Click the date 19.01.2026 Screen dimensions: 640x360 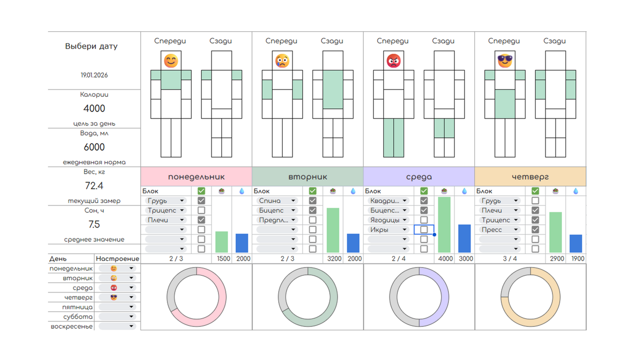click(x=94, y=75)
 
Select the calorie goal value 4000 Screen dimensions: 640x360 click(x=94, y=109)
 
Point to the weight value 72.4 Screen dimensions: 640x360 click(x=94, y=186)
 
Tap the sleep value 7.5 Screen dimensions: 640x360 click(x=94, y=224)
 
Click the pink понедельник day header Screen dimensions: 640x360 click(x=196, y=177)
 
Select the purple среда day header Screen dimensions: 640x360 click(x=419, y=177)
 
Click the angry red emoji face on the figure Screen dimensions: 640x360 click(x=394, y=61)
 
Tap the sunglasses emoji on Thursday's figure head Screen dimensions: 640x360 click(x=505, y=61)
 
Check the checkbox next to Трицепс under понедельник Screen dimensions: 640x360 click(x=201, y=210)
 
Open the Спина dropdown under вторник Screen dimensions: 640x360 click(x=276, y=200)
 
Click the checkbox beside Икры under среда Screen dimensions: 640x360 click(x=424, y=229)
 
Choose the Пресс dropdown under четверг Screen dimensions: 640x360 click(x=499, y=229)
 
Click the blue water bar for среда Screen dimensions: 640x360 click(x=464, y=238)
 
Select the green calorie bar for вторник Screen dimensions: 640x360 click(x=333, y=230)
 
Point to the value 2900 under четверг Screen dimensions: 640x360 click(x=557, y=259)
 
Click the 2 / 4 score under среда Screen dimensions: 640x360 click(x=398, y=259)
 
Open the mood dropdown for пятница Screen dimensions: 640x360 click(x=117, y=307)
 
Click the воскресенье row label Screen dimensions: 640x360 click(x=72, y=326)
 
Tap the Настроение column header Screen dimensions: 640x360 click(x=117, y=259)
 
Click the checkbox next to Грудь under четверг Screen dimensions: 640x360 click(x=535, y=200)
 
